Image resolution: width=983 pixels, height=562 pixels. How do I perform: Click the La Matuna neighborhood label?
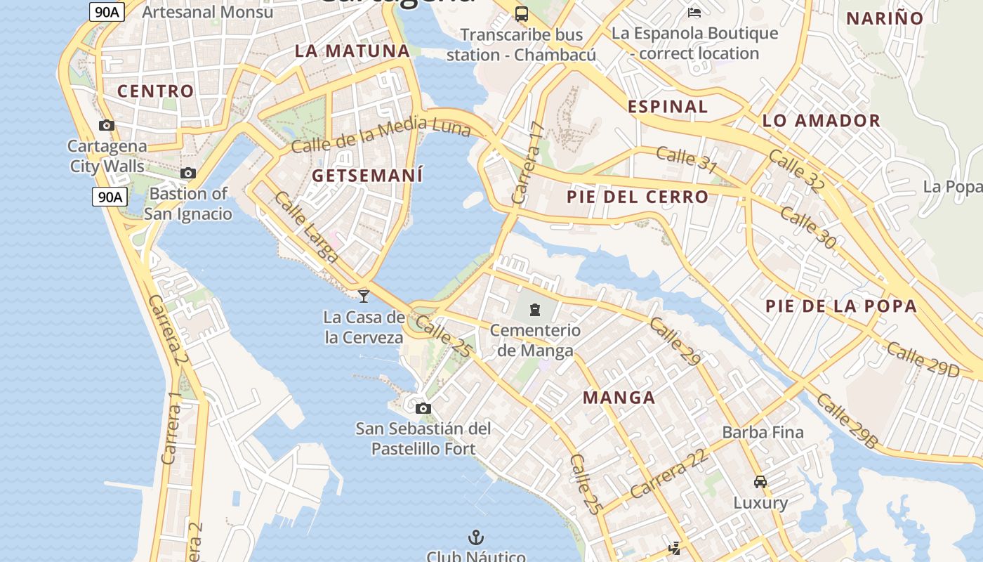[352, 51]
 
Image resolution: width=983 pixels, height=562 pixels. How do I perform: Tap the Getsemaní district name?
[367, 176]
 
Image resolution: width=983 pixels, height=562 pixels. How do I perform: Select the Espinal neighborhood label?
[668, 107]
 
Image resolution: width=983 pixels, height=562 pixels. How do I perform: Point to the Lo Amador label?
[822, 121]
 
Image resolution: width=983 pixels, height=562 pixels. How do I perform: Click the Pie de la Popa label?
[841, 306]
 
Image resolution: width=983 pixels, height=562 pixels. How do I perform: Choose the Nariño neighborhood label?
[885, 19]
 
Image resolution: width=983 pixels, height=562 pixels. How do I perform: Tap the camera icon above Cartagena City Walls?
[107, 126]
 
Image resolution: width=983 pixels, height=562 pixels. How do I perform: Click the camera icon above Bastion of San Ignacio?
[187, 173]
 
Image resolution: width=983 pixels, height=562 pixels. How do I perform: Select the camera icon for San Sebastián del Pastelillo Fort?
[423, 408]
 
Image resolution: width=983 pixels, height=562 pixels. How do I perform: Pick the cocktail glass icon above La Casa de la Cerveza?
[364, 296]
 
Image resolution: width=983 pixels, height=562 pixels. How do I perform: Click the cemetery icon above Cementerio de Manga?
[535, 309]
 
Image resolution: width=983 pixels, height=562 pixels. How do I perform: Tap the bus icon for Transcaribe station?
[521, 13]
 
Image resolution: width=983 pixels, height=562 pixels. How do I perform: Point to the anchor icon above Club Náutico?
[477, 537]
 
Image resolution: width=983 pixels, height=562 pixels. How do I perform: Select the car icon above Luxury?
[760, 482]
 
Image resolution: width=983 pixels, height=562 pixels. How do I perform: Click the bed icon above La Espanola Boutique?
[694, 13]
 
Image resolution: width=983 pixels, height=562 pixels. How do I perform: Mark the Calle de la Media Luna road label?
[369, 136]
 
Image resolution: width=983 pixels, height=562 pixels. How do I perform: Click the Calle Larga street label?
[306, 227]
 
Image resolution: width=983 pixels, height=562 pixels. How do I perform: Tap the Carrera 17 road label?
[528, 163]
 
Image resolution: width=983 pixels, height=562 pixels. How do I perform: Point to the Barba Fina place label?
[763, 432]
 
